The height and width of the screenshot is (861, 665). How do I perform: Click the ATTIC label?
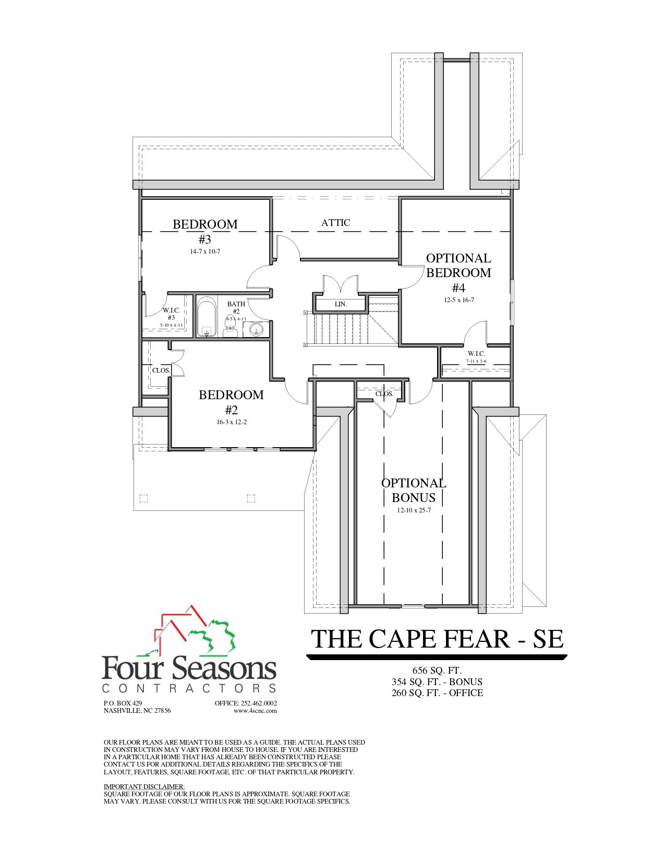click(335, 223)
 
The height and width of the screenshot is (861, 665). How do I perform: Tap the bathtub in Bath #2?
click(206, 317)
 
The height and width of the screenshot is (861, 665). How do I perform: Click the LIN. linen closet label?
click(341, 304)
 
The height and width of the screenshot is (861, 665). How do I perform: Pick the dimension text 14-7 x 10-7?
click(205, 251)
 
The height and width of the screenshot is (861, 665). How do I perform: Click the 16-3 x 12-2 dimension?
click(231, 422)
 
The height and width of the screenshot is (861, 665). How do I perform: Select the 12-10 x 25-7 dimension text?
click(414, 510)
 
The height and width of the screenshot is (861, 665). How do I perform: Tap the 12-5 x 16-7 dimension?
click(458, 300)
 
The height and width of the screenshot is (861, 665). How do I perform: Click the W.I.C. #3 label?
click(171, 314)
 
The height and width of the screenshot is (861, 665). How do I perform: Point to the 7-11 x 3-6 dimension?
click(476, 361)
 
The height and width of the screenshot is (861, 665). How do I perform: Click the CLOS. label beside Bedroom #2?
click(161, 370)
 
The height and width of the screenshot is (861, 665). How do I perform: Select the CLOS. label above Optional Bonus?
click(384, 394)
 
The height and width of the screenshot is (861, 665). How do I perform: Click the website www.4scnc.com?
click(255, 710)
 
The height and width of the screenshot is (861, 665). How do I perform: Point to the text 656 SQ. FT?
click(437, 671)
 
